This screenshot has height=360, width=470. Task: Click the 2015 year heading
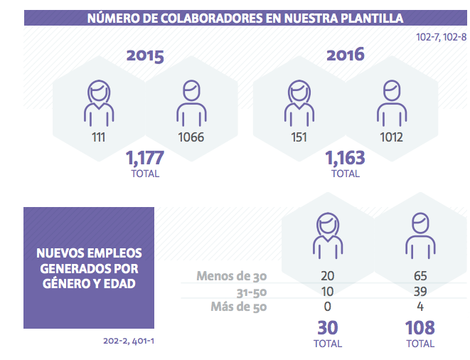(145, 56)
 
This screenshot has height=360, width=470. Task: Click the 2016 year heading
(345, 54)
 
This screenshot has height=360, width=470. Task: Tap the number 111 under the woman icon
(98, 137)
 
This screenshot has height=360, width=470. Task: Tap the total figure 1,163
(345, 157)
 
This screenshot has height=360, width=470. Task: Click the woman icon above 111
(99, 103)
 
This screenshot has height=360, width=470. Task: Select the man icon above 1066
(190, 103)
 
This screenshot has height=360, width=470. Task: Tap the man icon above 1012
(390, 103)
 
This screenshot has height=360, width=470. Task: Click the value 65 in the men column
(420, 276)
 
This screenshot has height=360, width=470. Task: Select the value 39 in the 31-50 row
(420, 292)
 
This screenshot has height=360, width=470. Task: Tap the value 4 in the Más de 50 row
(420, 307)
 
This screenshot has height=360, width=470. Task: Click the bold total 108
(420, 328)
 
